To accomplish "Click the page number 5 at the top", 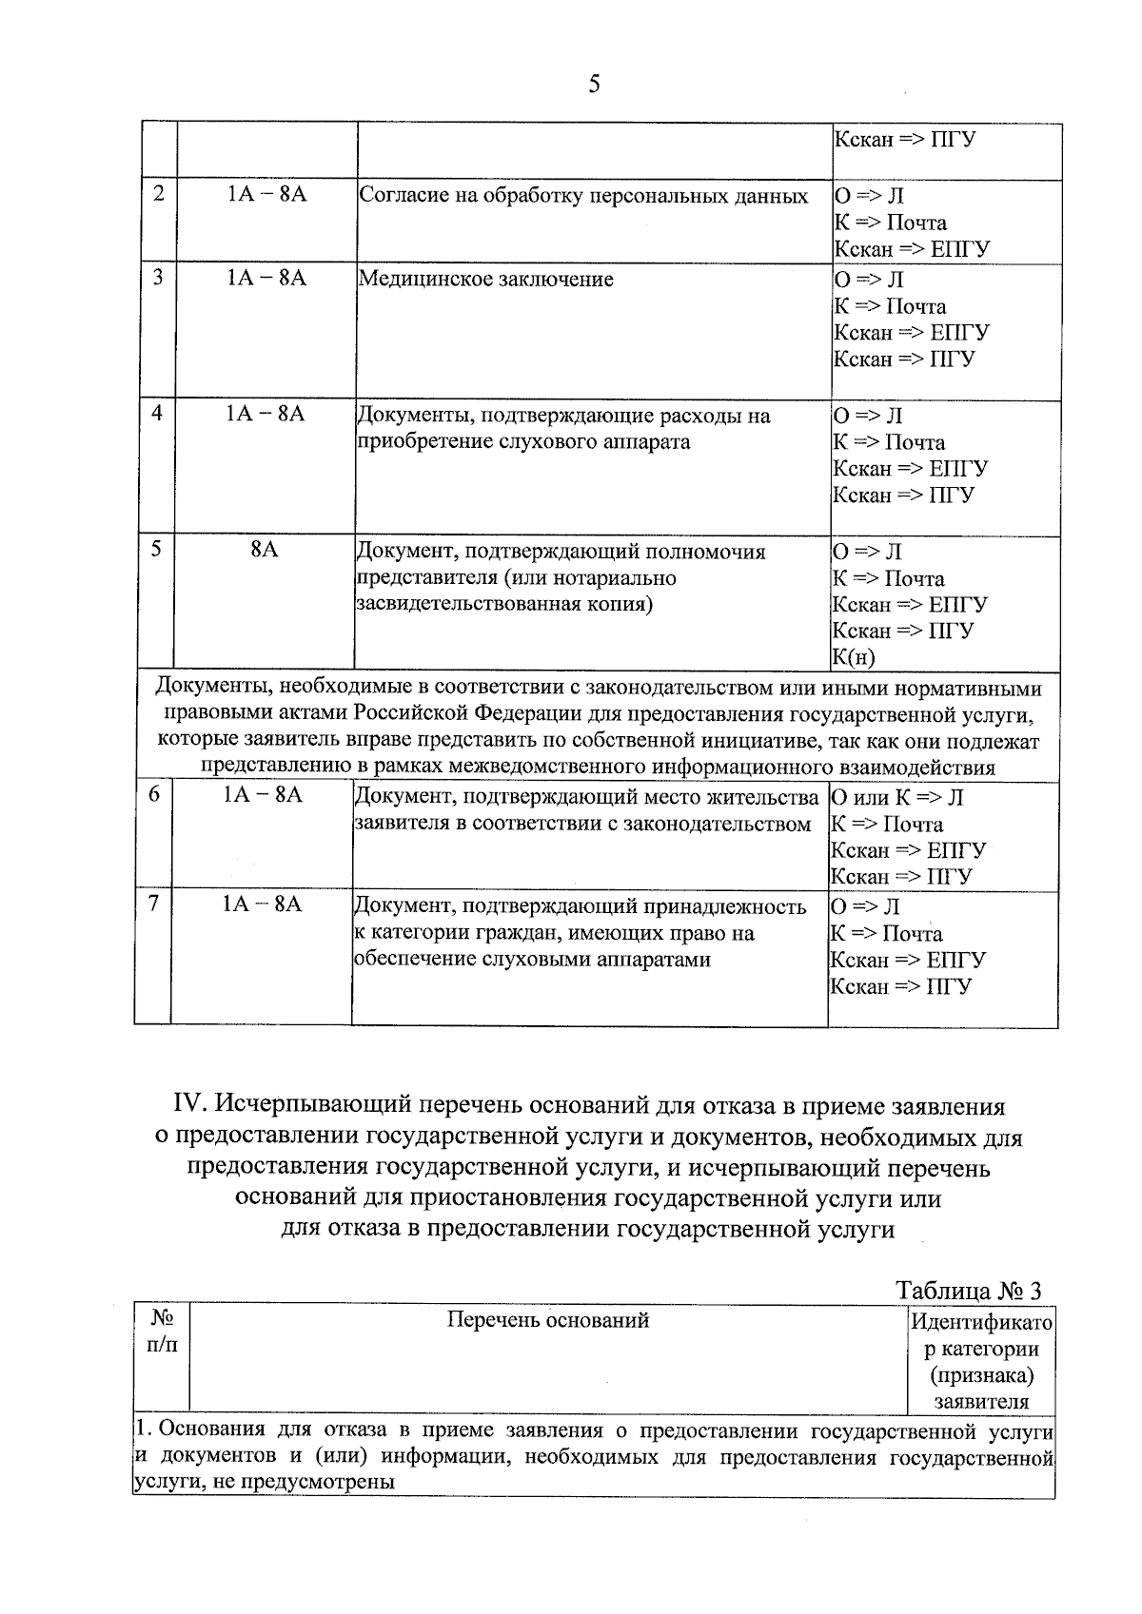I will point(595,85).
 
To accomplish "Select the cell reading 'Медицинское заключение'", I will point(485,280).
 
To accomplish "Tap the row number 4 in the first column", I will point(157,414).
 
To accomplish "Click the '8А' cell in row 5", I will point(265,550).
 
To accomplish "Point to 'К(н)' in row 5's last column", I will point(854,657).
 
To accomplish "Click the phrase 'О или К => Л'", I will point(897,798).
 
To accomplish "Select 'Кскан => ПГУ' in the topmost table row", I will point(904,140).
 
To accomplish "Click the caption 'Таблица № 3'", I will point(969,1291).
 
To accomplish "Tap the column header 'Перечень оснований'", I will point(548,1320).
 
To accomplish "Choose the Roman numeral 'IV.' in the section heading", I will point(190,1106).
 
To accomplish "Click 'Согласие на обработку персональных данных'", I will point(583,197).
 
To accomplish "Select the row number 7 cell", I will point(153,904).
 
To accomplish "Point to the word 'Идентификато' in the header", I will point(981,1322).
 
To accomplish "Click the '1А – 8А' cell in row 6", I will point(263,795).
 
